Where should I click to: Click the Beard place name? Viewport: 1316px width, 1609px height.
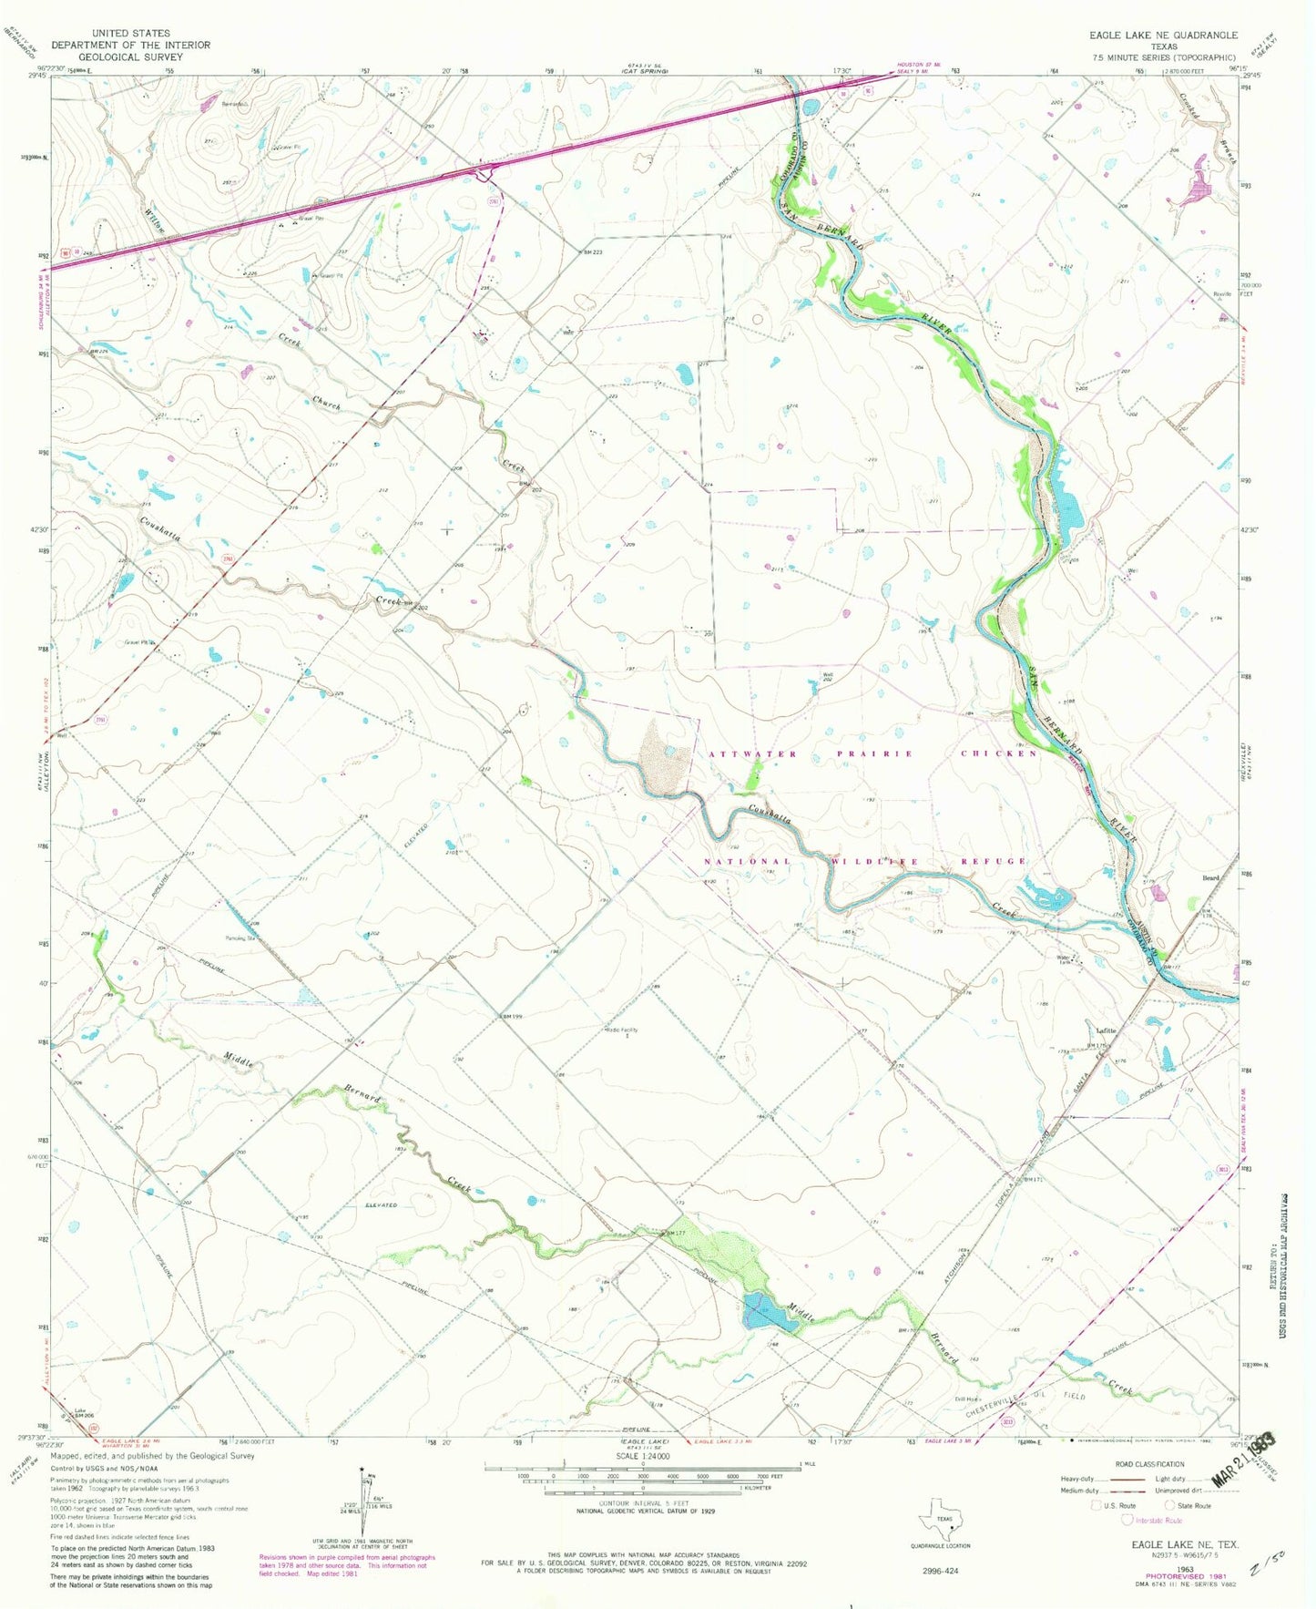[x=1209, y=878]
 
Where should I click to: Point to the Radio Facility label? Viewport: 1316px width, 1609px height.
[x=622, y=1030]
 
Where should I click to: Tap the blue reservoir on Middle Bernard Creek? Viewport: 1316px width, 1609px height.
[x=759, y=1312]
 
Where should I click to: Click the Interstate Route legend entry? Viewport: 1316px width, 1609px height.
[x=1157, y=1520]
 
